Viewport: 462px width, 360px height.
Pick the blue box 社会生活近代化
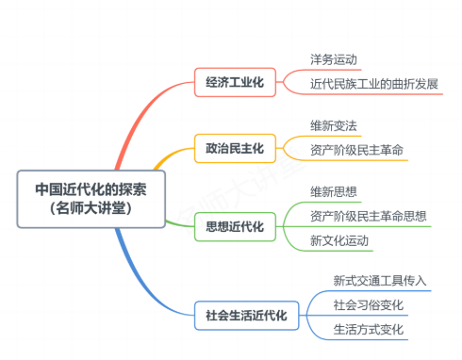point(246,314)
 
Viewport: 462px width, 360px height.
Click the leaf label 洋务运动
point(334,60)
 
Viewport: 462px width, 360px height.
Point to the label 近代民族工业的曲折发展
point(374,83)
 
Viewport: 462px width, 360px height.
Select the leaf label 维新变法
point(334,125)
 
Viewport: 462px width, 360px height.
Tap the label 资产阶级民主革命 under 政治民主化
point(358,148)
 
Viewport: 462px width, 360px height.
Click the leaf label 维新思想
point(334,192)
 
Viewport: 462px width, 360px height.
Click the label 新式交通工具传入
point(380,281)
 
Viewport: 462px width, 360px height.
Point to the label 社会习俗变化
point(368,305)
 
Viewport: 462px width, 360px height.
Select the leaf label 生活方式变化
point(368,329)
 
